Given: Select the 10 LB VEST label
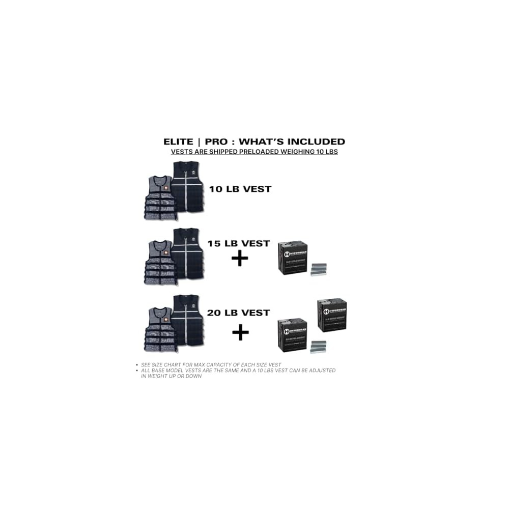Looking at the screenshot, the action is (x=240, y=189).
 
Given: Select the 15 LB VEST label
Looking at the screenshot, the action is (x=238, y=243).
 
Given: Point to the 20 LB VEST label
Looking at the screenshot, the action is (x=238, y=313).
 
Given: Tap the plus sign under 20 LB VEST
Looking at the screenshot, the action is (x=240, y=333).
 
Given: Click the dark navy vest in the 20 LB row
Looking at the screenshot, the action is (x=188, y=320).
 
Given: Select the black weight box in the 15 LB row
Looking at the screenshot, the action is (x=293, y=258).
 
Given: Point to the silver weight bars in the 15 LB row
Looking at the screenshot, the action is (x=319, y=269).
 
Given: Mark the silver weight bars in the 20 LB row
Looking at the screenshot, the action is (x=319, y=347).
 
